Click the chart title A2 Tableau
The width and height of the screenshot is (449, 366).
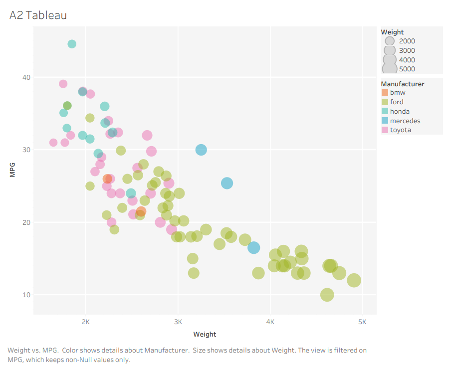coord(38,15)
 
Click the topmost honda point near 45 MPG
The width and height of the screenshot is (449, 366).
coord(72,44)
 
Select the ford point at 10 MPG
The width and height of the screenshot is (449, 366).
coord(327,295)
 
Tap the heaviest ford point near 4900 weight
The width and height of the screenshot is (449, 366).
coord(354,280)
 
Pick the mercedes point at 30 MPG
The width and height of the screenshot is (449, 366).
coord(201,150)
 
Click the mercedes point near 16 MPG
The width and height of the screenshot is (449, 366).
coord(254,247)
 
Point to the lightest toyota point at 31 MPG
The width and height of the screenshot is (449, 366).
coord(53,143)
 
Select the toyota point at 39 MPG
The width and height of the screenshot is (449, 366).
coord(63,84)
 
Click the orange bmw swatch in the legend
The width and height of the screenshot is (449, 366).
coord(385,93)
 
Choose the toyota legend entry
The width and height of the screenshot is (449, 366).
coord(401,130)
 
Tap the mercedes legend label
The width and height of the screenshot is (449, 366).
coord(405,121)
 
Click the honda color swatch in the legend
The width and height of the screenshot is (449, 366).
coord(385,112)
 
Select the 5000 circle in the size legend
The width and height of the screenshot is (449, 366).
coord(389,69)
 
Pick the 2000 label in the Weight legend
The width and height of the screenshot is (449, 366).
coord(407,41)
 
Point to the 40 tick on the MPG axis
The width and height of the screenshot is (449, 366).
coord(25,77)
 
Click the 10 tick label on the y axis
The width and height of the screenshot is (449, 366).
coord(25,295)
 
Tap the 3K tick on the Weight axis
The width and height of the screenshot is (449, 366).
coord(178,322)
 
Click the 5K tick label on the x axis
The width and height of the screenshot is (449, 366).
coord(362,322)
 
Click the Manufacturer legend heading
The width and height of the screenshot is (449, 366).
coord(403,84)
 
